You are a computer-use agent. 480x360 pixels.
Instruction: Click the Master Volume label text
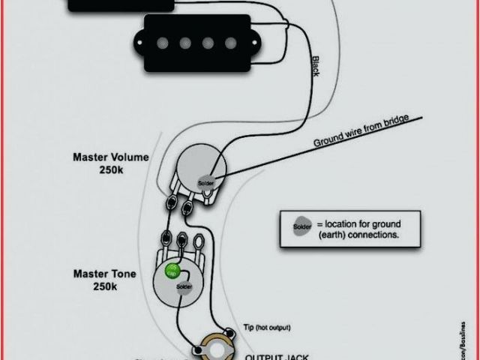point(110,157)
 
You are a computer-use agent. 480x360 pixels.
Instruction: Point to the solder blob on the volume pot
point(205,183)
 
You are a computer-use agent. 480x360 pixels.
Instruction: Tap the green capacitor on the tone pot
point(172,271)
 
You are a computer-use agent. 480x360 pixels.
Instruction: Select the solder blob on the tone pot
point(183,286)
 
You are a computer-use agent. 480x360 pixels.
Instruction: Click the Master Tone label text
point(105,274)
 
